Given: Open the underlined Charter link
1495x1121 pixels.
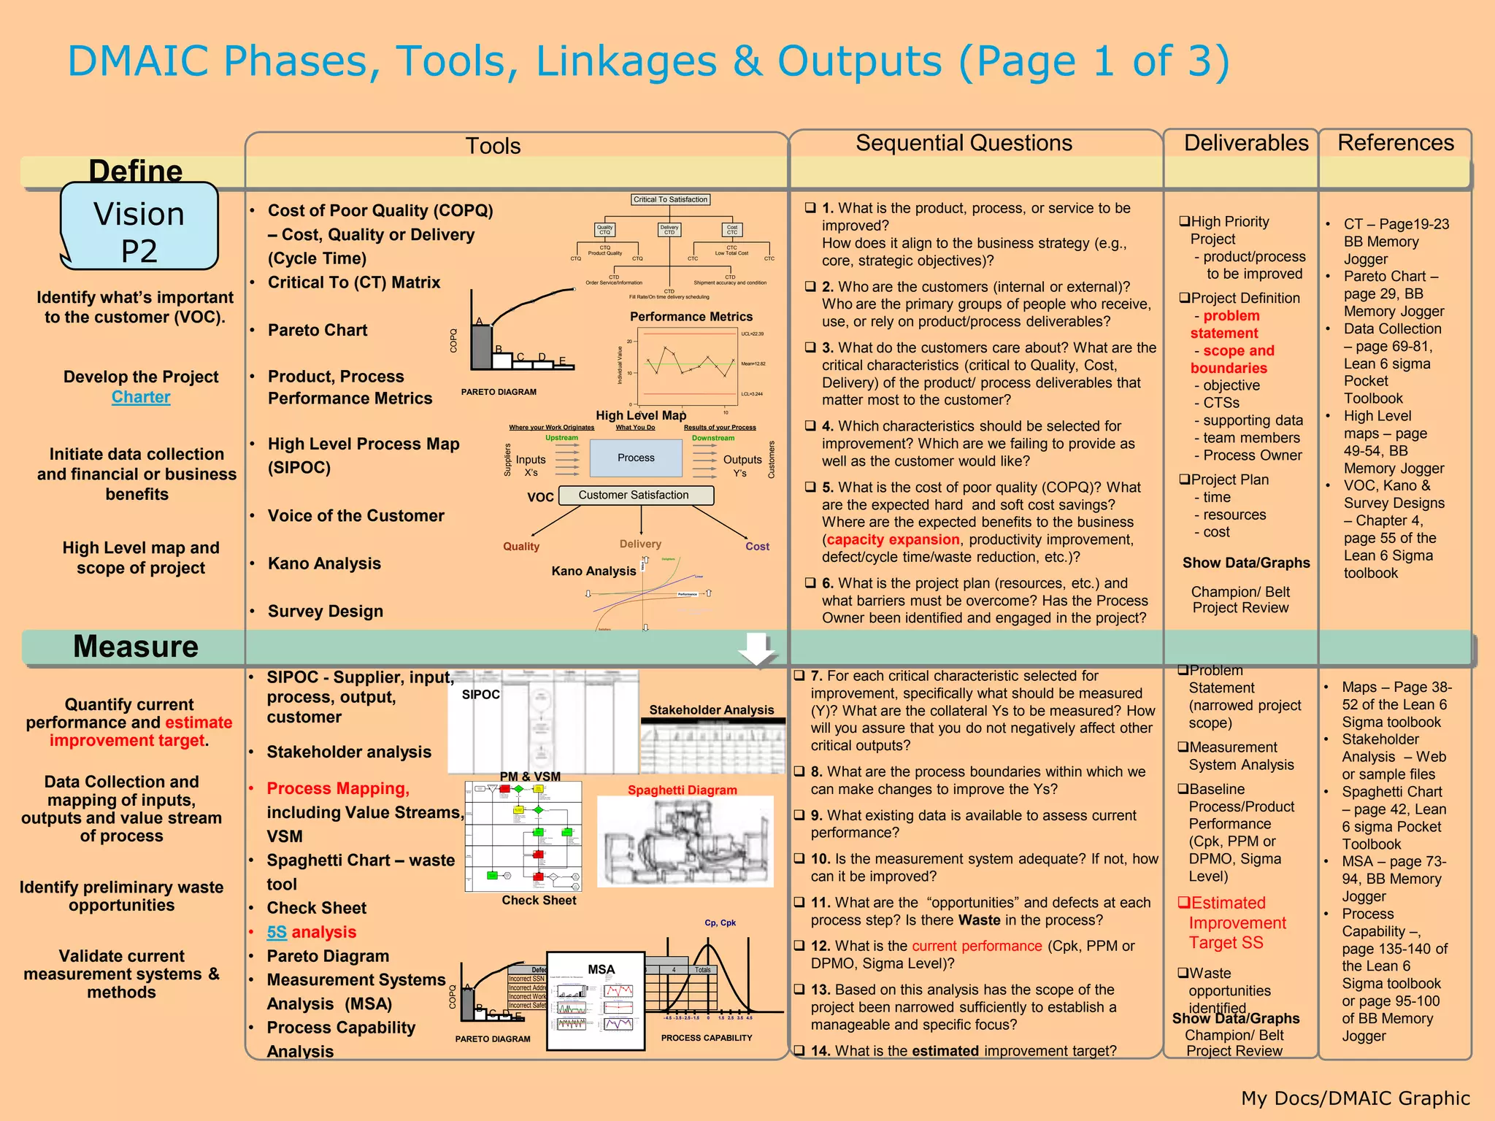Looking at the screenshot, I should point(141,397).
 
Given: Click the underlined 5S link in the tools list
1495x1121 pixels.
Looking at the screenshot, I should point(277,932).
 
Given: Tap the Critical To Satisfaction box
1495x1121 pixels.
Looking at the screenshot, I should point(670,199).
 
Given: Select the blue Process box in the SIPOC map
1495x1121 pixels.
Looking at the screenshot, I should point(636,458).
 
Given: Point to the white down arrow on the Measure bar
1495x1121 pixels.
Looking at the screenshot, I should point(757,648).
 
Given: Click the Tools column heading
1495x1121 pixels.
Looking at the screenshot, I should point(493,146).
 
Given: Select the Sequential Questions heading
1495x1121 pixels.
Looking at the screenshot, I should point(964,143).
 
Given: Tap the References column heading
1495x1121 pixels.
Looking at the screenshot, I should point(1395,143).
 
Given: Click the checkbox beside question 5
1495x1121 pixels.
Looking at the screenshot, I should point(810,487).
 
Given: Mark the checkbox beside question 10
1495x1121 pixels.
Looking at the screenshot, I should point(799,859).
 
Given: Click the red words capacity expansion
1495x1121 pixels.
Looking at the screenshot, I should point(893,539).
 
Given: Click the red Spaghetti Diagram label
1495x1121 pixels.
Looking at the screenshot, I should point(682,790).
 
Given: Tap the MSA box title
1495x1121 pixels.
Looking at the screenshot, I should point(601,969).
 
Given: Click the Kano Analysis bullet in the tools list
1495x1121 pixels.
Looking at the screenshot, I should point(324,563).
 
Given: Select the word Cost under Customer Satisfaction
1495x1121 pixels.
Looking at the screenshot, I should point(757,546).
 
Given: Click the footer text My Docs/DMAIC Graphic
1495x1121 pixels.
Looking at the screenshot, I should point(1355,1098).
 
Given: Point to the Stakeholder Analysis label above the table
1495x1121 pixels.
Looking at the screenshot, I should point(711,709).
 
